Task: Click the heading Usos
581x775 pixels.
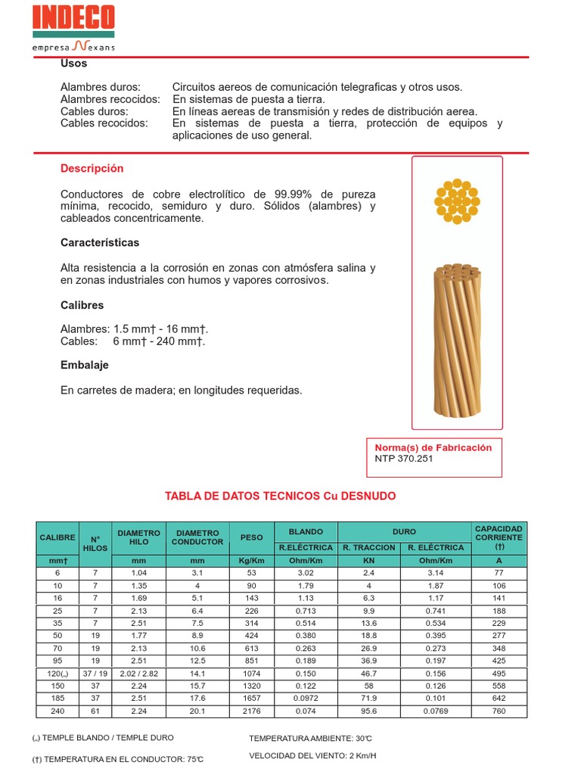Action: click(73, 64)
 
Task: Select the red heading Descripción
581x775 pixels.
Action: click(92, 168)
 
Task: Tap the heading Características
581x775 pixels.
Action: click(100, 243)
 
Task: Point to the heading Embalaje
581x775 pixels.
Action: click(85, 365)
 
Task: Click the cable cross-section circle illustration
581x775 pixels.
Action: click(457, 201)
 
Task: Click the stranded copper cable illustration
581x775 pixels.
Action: click(457, 340)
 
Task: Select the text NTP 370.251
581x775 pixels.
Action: click(404, 459)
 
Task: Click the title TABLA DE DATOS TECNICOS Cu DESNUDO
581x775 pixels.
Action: click(281, 496)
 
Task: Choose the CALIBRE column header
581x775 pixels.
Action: click(57, 537)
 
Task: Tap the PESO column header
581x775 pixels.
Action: click(251, 537)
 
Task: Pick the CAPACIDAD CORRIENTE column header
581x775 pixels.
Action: click(499, 537)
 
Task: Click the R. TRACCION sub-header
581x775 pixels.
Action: click(368, 546)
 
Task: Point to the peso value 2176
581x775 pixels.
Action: click(251, 711)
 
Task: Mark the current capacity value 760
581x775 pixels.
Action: click(499, 711)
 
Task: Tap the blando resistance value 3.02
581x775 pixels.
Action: click(306, 573)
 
